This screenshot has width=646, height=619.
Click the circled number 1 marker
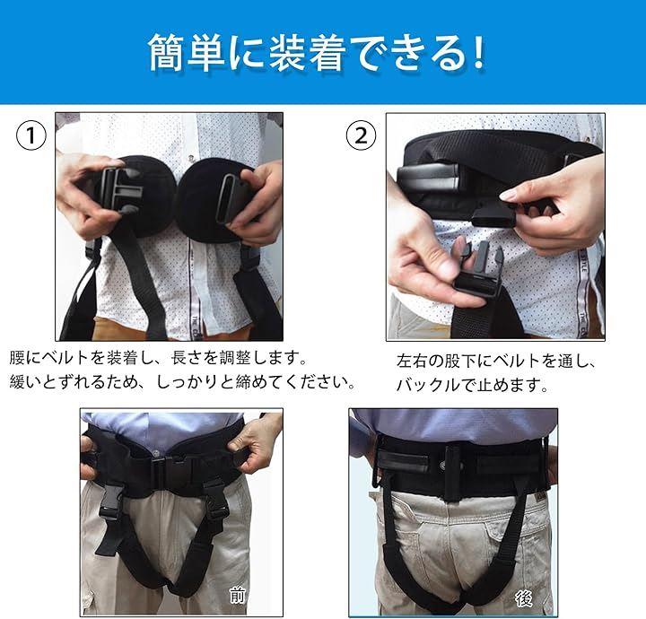tap(31, 135)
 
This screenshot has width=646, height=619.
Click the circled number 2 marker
tap(361, 135)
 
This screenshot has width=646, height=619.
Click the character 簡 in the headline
tap(166, 53)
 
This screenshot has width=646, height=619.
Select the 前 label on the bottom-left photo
tap(237, 596)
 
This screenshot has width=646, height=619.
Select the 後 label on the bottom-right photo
tap(524, 598)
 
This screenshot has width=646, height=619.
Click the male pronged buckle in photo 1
tap(120, 190)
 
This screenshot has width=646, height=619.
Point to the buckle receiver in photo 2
tap(493, 216)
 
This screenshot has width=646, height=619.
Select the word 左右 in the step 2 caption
tap(412, 362)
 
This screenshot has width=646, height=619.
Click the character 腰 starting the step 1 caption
tap(17, 357)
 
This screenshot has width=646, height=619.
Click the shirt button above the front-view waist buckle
tap(156, 452)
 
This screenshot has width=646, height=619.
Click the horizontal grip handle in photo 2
tap(429, 177)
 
